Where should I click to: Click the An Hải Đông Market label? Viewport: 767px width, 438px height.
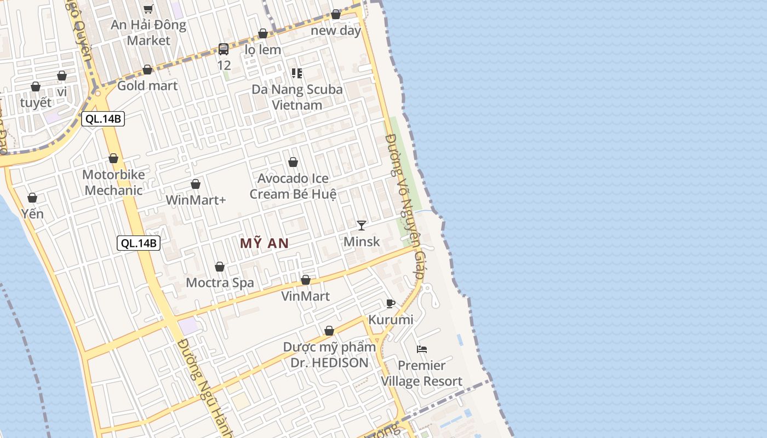[148, 32]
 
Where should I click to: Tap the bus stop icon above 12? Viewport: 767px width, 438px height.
[224, 49]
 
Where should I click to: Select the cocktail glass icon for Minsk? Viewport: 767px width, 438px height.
[361, 225]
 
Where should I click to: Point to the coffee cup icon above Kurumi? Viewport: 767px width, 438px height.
[390, 303]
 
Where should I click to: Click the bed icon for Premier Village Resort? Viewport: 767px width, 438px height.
[421, 349]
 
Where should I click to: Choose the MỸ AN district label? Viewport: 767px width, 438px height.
[264, 243]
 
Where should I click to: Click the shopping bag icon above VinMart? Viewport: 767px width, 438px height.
[306, 280]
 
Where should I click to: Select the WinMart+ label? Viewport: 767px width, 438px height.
[196, 200]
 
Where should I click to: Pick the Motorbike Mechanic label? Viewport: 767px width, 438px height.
[113, 182]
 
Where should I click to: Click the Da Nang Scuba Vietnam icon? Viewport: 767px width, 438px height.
[297, 73]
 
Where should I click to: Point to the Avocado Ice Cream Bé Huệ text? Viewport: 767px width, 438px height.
[293, 186]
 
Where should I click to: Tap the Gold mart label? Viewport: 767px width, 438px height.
[147, 85]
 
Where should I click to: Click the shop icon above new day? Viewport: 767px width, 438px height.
[336, 15]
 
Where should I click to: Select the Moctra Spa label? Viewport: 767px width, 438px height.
[220, 283]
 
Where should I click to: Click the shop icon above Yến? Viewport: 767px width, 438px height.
[32, 198]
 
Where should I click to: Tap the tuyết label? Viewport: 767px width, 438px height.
[36, 102]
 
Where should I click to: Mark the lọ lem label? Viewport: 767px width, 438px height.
[263, 50]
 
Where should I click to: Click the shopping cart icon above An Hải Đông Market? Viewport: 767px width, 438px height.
[148, 9]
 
